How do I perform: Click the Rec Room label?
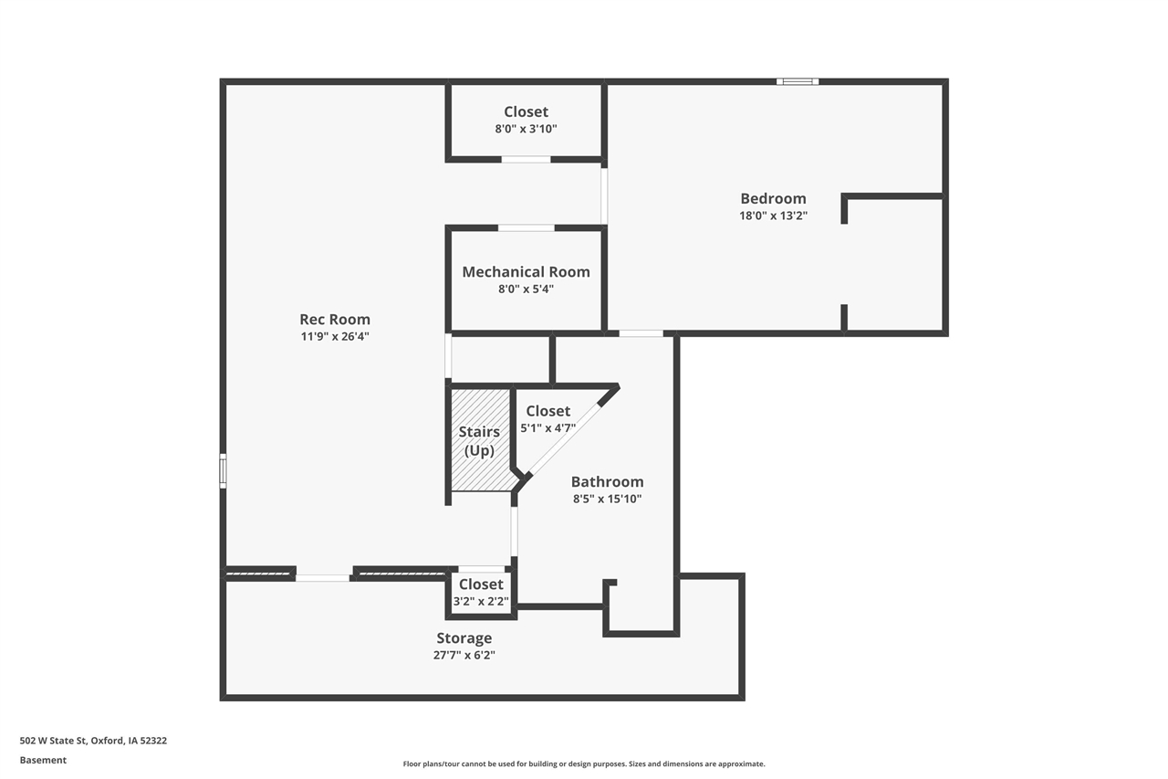point(335,320)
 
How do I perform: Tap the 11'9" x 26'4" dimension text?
point(335,336)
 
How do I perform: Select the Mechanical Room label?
point(526,272)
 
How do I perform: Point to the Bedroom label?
point(773,199)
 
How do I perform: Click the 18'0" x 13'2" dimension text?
point(773,216)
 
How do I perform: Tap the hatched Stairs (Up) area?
point(481,440)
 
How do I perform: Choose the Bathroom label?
point(607,482)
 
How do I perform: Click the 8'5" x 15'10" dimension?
point(607,499)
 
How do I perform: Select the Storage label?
point(464,638)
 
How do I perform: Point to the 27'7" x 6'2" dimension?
point(464,655)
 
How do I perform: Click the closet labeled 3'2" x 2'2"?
point(481,593)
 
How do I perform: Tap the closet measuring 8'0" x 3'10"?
point(526,121)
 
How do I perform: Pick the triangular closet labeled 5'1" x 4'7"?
point(547,419)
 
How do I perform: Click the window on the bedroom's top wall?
point(797,82)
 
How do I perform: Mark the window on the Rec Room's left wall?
point(223,471)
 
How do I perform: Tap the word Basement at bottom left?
point(43,760)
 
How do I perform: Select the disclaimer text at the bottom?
point(584,763)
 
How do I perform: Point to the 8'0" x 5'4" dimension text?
point(526,289)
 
